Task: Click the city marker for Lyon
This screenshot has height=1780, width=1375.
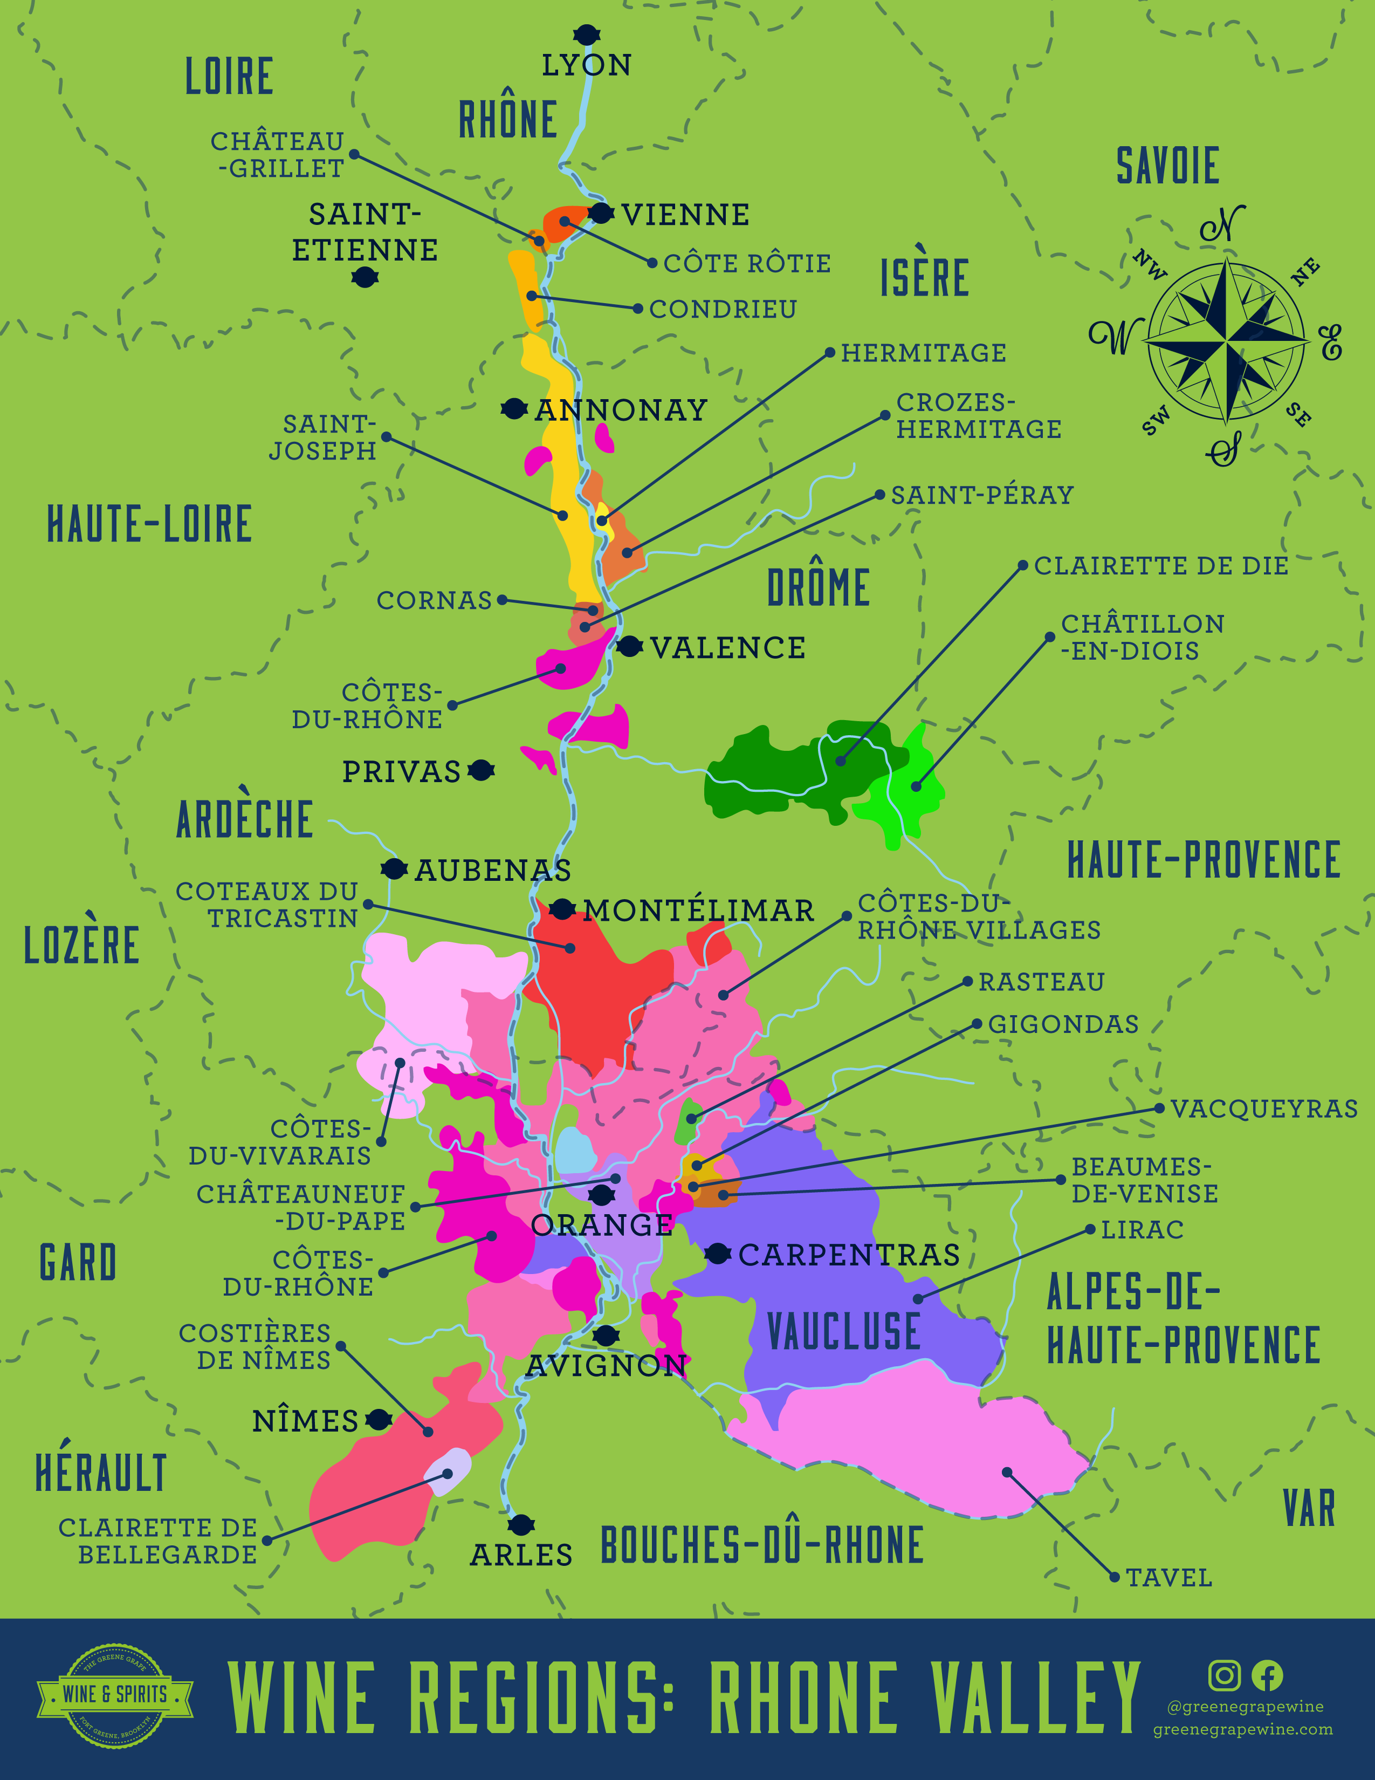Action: pyautogui.click(x=586, y=34)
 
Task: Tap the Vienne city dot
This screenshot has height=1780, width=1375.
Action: pyautogui.click(x=601, y=214)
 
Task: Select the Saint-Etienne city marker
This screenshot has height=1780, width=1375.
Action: pyautogui.click(x=364, y=278)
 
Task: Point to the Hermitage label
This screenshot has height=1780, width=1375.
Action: pyautogui.click(x=923, y=353)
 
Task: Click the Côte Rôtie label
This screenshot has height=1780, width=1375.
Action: pyautogui.click(x=747, y=263)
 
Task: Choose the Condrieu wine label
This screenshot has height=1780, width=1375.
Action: pyautogui.click(x=723, y=309)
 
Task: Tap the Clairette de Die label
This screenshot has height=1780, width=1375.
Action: pyautogui.click(x=1161, y=566)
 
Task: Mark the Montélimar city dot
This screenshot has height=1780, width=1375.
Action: pyautogui.click(x=561, y=909)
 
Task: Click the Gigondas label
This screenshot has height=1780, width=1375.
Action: pyautogui.click(x=1063, y=1024)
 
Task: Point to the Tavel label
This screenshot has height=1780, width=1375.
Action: pyautogui.click(x=1169, y=1578)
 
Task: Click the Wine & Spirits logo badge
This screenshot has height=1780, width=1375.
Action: pyautogui.click(x=115, y=1694)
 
